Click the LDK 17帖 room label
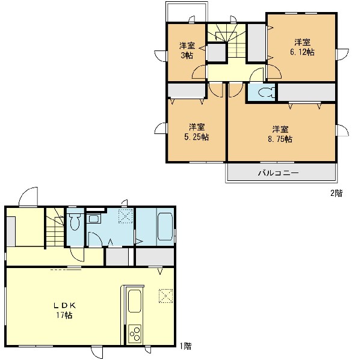tap(65, 310)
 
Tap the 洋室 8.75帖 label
tap(280, 134)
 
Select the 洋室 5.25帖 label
tap(197, 132)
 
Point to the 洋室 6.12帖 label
tap(302, 47)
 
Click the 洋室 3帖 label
tap(187, 50)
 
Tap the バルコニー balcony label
tap(279, 172)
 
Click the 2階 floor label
tap(336, 194)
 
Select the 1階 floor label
tap(185, 346)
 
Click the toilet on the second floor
tap(267, 93)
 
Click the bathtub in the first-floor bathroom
tap(165, 227)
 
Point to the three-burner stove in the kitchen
tap(135, 334)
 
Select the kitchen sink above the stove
tap(134, 301)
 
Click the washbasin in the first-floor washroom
tap(93, 219)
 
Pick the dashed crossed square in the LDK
tap(165, 296)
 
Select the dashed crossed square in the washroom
tap(126, 216)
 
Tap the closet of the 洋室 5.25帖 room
tap(187, 91)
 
